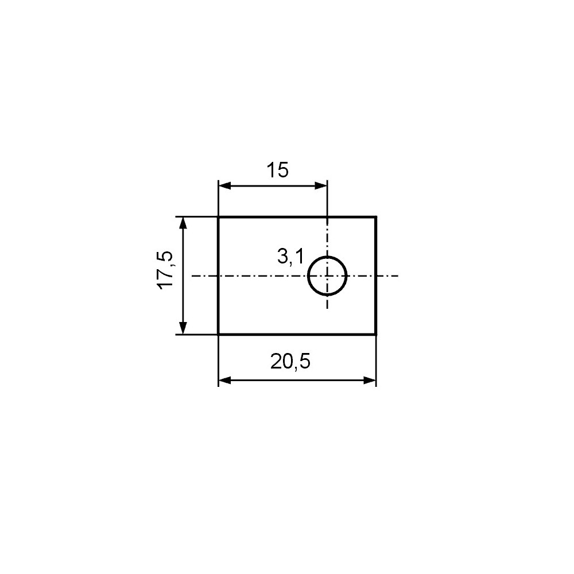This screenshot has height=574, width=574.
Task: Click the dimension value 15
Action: click(277, 170)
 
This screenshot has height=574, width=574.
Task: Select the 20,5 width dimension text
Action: click(290, 361)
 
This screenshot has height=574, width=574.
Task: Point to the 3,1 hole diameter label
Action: click(290, 256)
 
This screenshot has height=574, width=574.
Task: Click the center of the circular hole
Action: click(327, 276)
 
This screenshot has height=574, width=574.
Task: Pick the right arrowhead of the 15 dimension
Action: click(320, 186)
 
